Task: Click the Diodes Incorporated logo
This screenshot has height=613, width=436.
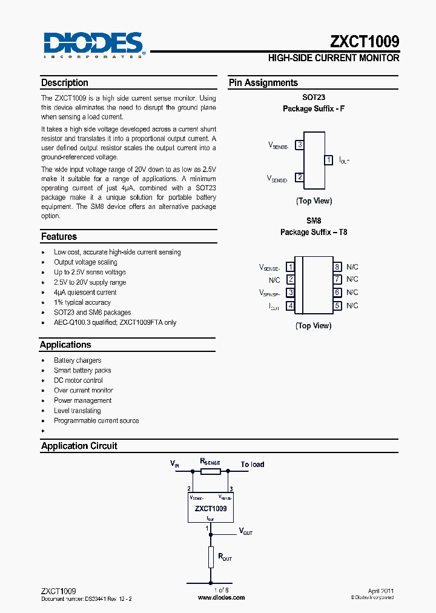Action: point(94,45)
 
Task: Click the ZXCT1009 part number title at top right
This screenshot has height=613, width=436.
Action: point(365,41)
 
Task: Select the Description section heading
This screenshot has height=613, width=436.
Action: point(65,83)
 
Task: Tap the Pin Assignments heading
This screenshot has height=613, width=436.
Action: point(263,83)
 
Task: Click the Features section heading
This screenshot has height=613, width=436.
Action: point(59,237)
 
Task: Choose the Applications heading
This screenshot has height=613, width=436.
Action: point(65,345)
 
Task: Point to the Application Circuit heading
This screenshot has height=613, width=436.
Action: point(79,446)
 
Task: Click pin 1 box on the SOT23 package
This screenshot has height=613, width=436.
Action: point(328,160)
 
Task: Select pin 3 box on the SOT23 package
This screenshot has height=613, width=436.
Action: point(299,145)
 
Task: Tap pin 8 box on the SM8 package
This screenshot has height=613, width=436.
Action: point(337,267)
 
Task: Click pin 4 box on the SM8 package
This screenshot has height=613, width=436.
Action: point(291,306)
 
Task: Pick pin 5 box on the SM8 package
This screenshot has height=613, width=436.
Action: point(337,306)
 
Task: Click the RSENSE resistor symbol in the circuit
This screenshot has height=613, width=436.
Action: point(210,471)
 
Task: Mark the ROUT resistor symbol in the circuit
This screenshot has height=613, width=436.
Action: point(211,557)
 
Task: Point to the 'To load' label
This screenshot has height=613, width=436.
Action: point(253,465)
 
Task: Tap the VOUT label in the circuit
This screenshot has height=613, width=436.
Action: point(245,531)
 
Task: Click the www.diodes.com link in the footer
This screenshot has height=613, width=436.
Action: point(222,597)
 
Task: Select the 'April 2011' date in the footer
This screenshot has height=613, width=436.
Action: point(381,591)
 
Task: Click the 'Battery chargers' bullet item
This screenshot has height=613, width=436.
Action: point(78,360)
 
